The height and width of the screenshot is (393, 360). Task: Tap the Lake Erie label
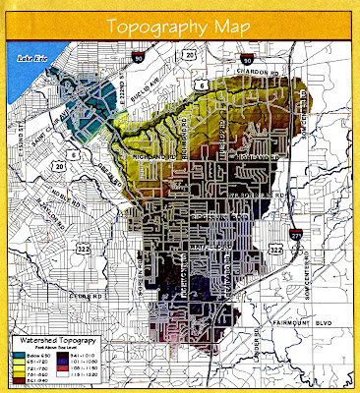pos(30,59)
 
